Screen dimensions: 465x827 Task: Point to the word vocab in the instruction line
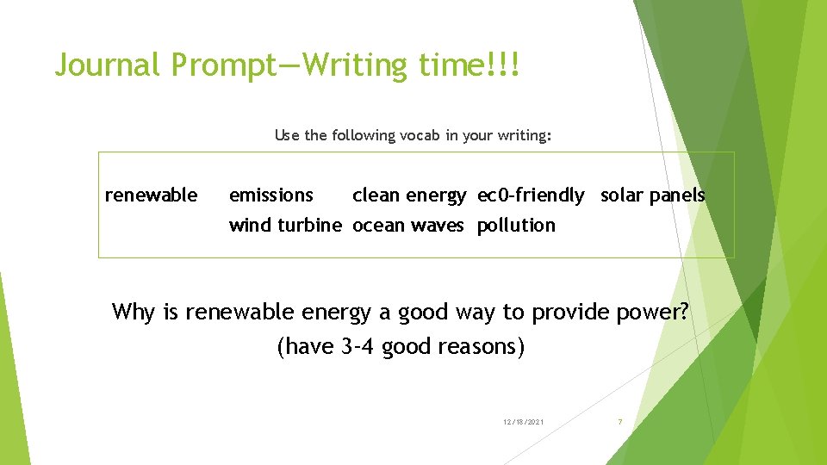click(420, 135)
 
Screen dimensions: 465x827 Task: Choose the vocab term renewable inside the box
click(151, 195)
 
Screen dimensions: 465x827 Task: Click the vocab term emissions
click(270, 195)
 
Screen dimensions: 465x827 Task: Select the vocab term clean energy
click(409, 195)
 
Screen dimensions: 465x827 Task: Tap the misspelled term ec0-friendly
click(531, 195)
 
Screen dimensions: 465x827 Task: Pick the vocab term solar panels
click(652, 195)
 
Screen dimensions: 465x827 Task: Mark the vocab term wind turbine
click(285, 226)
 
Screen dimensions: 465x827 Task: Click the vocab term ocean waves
click(407, 226)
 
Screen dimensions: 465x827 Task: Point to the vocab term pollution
click(516, 226)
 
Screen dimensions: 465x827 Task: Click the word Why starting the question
click(134, 312)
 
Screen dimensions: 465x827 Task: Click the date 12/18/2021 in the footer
click(523, 422)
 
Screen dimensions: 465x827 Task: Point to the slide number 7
click(619, 422)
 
